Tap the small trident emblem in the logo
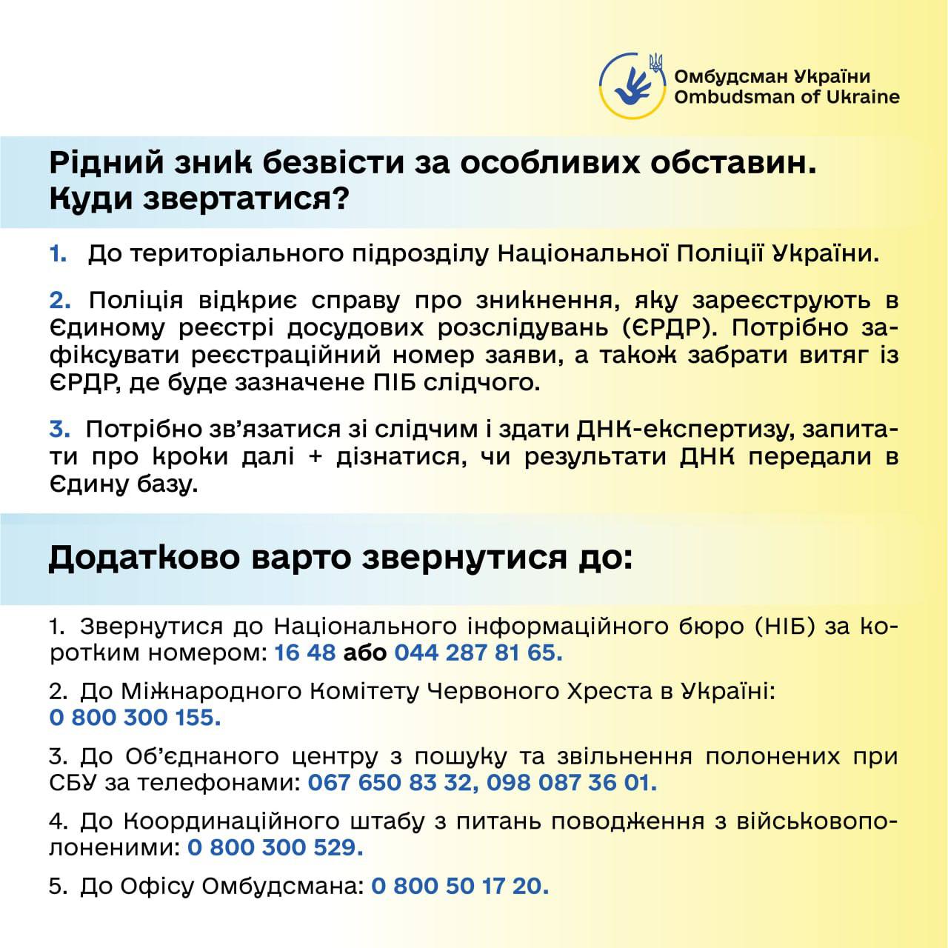point(655,63)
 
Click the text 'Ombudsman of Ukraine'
point(787,97)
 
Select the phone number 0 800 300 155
point(135,718)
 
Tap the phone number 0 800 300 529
point(275,847)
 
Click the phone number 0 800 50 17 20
point(460,886)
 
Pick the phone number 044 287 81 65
point(478,653)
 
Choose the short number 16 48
point(305,653)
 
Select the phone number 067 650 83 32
point(390,783)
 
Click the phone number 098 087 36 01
point(572,783)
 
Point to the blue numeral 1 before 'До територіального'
point(57,254)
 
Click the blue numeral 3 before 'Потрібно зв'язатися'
point(59,430)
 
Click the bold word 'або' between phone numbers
point(364,653)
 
